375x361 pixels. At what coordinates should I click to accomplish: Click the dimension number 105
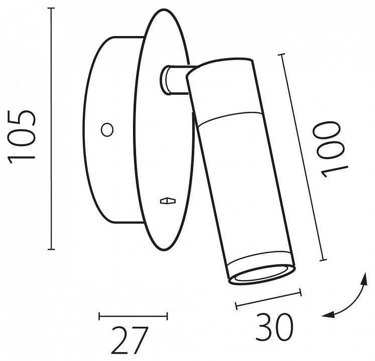22,137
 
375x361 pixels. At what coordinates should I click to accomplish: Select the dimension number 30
274,327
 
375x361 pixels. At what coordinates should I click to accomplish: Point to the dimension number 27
130,340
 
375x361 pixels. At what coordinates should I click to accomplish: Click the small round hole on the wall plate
107,130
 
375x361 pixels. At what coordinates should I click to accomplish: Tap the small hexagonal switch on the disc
168,201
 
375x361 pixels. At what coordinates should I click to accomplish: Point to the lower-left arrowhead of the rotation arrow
328,315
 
